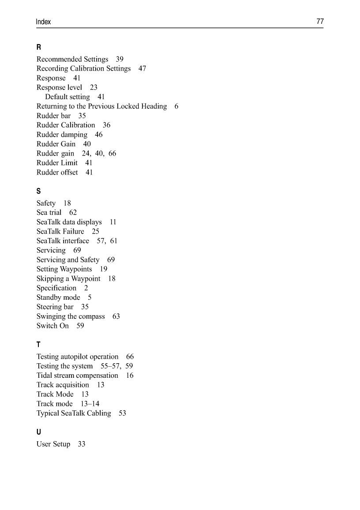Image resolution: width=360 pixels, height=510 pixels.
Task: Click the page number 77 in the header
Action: [320, 22]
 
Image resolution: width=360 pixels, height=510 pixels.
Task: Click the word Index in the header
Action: [44, 22]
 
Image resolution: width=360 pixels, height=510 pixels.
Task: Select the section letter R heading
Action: [39, 47]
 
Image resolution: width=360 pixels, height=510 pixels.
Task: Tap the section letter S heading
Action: [39, 191]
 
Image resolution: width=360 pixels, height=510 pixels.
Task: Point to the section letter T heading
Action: [39, 344]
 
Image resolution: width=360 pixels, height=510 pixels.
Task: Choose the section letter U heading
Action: [39, 432]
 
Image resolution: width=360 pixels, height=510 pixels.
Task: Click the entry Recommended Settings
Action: [72, 59]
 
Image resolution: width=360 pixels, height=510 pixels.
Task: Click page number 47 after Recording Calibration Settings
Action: [142, 69]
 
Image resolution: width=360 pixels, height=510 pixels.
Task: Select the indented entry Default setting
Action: [67, 97]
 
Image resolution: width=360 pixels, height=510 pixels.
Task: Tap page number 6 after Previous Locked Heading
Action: [176, 106]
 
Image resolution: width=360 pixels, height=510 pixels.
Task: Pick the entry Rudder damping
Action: [62, 134]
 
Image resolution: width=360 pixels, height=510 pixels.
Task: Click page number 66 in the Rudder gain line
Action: [112, 153]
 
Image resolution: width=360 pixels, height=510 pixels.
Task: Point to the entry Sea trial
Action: [49, 212]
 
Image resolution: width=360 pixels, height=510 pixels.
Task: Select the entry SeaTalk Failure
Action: [60, 231]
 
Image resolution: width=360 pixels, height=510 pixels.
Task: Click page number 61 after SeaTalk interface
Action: [114, 241]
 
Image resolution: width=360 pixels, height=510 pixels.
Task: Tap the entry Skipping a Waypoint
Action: [68, 279]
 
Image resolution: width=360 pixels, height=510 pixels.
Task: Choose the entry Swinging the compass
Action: [71, 316]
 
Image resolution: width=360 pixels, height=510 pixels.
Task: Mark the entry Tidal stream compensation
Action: [77, 376]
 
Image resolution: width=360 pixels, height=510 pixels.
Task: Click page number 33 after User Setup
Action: [82, 444]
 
